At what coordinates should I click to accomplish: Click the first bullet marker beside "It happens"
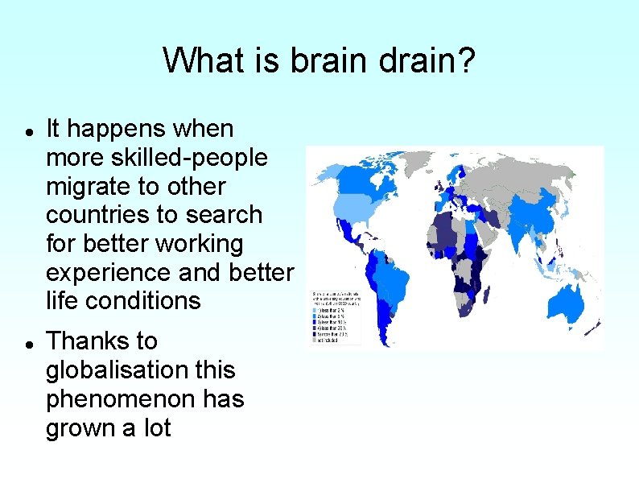tap(28, 130)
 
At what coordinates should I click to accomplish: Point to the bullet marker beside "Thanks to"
tap(28, 343)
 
